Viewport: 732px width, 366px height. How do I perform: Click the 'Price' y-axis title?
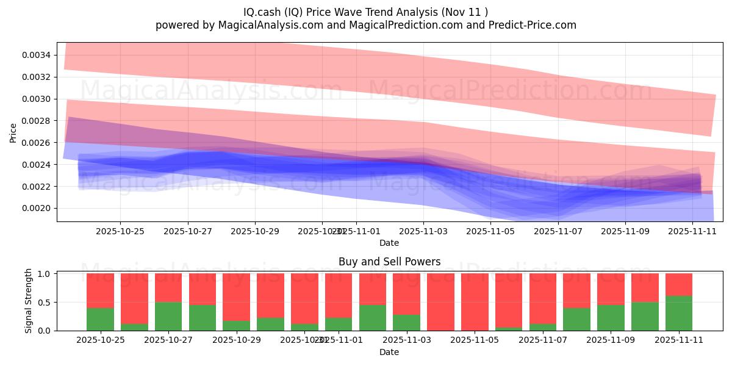tap(13, 132)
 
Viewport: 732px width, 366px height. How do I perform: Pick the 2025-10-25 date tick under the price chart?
tap(120, 231)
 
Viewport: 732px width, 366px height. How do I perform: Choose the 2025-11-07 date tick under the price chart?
tap(558, 231)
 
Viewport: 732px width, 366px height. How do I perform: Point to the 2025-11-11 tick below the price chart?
tap(692, 231)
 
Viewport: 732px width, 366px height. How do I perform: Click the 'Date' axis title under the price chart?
tap(389, 243)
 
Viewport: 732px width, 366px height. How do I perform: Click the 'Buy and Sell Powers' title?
tap(389, 262)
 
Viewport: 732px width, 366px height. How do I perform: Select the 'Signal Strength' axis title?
tap(29, 302)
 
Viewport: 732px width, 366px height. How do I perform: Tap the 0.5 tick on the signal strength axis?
tap(45, 303)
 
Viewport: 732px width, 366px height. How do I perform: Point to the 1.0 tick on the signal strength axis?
tap(45, 274)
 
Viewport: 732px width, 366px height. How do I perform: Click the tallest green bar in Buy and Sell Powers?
tap(679, 313)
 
